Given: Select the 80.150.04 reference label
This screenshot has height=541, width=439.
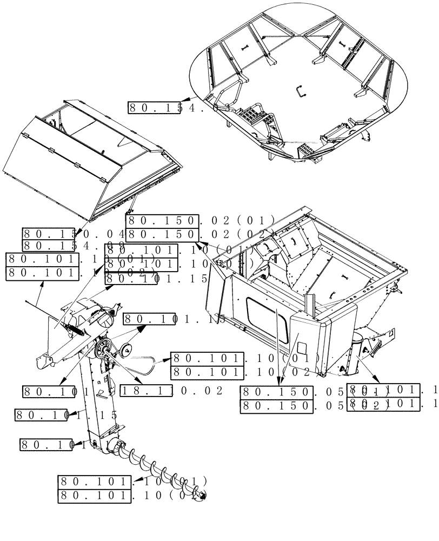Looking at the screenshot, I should coord(73,234).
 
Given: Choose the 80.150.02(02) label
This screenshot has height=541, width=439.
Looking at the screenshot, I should coord(200,234).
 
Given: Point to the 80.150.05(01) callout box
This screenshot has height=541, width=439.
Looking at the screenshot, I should coord(292,392).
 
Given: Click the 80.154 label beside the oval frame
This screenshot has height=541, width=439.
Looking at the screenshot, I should coord(165,107).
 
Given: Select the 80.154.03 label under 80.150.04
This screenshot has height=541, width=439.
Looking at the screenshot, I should coord(73,246).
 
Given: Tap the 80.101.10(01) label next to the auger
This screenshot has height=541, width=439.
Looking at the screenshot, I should coord(132,481).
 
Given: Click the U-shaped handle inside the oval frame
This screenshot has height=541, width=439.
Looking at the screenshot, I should coord(301,93).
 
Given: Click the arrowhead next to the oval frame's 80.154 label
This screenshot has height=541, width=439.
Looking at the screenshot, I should coord(184,101).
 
